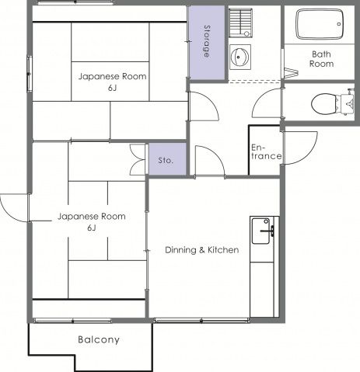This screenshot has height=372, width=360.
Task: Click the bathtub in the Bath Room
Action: (320, 24)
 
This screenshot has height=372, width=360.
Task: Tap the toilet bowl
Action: (324, 103)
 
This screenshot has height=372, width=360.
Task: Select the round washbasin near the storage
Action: (240, 57)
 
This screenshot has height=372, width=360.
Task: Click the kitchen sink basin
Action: (261, 231)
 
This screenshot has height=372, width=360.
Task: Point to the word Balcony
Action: (99, 339)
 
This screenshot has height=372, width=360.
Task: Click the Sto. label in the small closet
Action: (166, 160)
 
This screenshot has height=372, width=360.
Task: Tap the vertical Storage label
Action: (207, 41)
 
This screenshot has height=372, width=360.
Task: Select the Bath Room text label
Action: (321, 59)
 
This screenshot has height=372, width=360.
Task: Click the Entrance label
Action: (266, 151)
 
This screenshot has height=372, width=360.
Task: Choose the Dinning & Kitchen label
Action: (202, 250)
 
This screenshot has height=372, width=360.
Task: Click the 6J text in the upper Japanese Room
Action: (112, 88)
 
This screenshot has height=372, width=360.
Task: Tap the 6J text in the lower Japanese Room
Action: (92, 228)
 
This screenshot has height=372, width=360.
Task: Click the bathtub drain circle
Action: (339, 24)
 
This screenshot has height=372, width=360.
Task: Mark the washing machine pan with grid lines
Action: (240, 23)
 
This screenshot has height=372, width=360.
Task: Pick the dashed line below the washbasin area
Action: (254, 82)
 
